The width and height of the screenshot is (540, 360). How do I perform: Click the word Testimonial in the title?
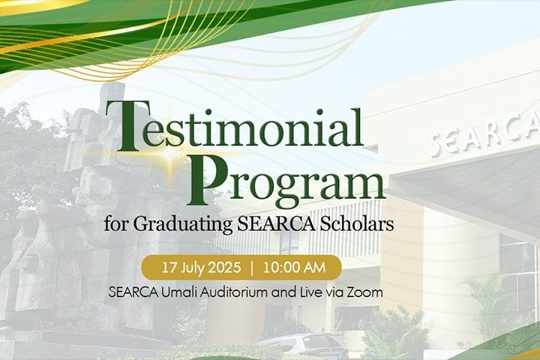pos(234,126)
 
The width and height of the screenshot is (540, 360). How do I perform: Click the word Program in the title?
pos(286,179)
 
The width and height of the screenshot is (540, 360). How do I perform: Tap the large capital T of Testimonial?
pos(123,126)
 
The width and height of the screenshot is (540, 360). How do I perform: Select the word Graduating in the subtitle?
pos(183,224)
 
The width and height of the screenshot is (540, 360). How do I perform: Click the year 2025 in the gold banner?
pos(223,268)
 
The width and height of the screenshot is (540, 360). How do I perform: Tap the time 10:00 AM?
pos(294,268)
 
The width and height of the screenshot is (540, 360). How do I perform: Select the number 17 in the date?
pos(169,268)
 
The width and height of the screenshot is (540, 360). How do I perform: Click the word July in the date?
pos(191,268)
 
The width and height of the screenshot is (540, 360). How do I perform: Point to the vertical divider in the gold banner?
pos(252,268)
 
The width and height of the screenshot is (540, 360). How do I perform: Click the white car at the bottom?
pos(304,346)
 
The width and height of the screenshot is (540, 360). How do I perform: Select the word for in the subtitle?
pos(117,224)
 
